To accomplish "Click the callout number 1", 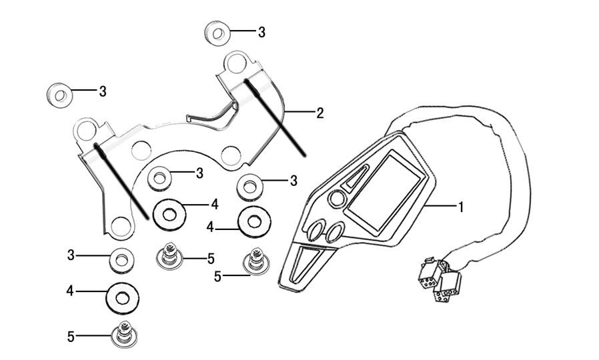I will coord(460,207).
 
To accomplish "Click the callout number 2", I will coord(320,113).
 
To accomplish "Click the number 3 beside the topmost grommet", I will coord(261,32).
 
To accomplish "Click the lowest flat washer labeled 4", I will coord(123,294).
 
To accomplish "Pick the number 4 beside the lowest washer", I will coord(69,291).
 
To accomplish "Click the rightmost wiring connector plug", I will coord(448,283).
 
